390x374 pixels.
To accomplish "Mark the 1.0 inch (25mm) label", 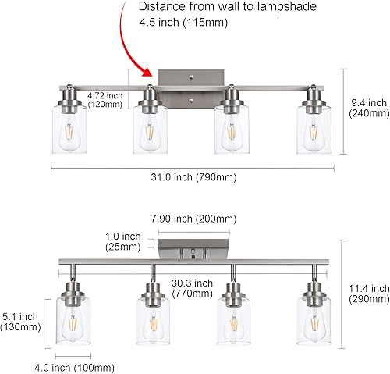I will point(123,241).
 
